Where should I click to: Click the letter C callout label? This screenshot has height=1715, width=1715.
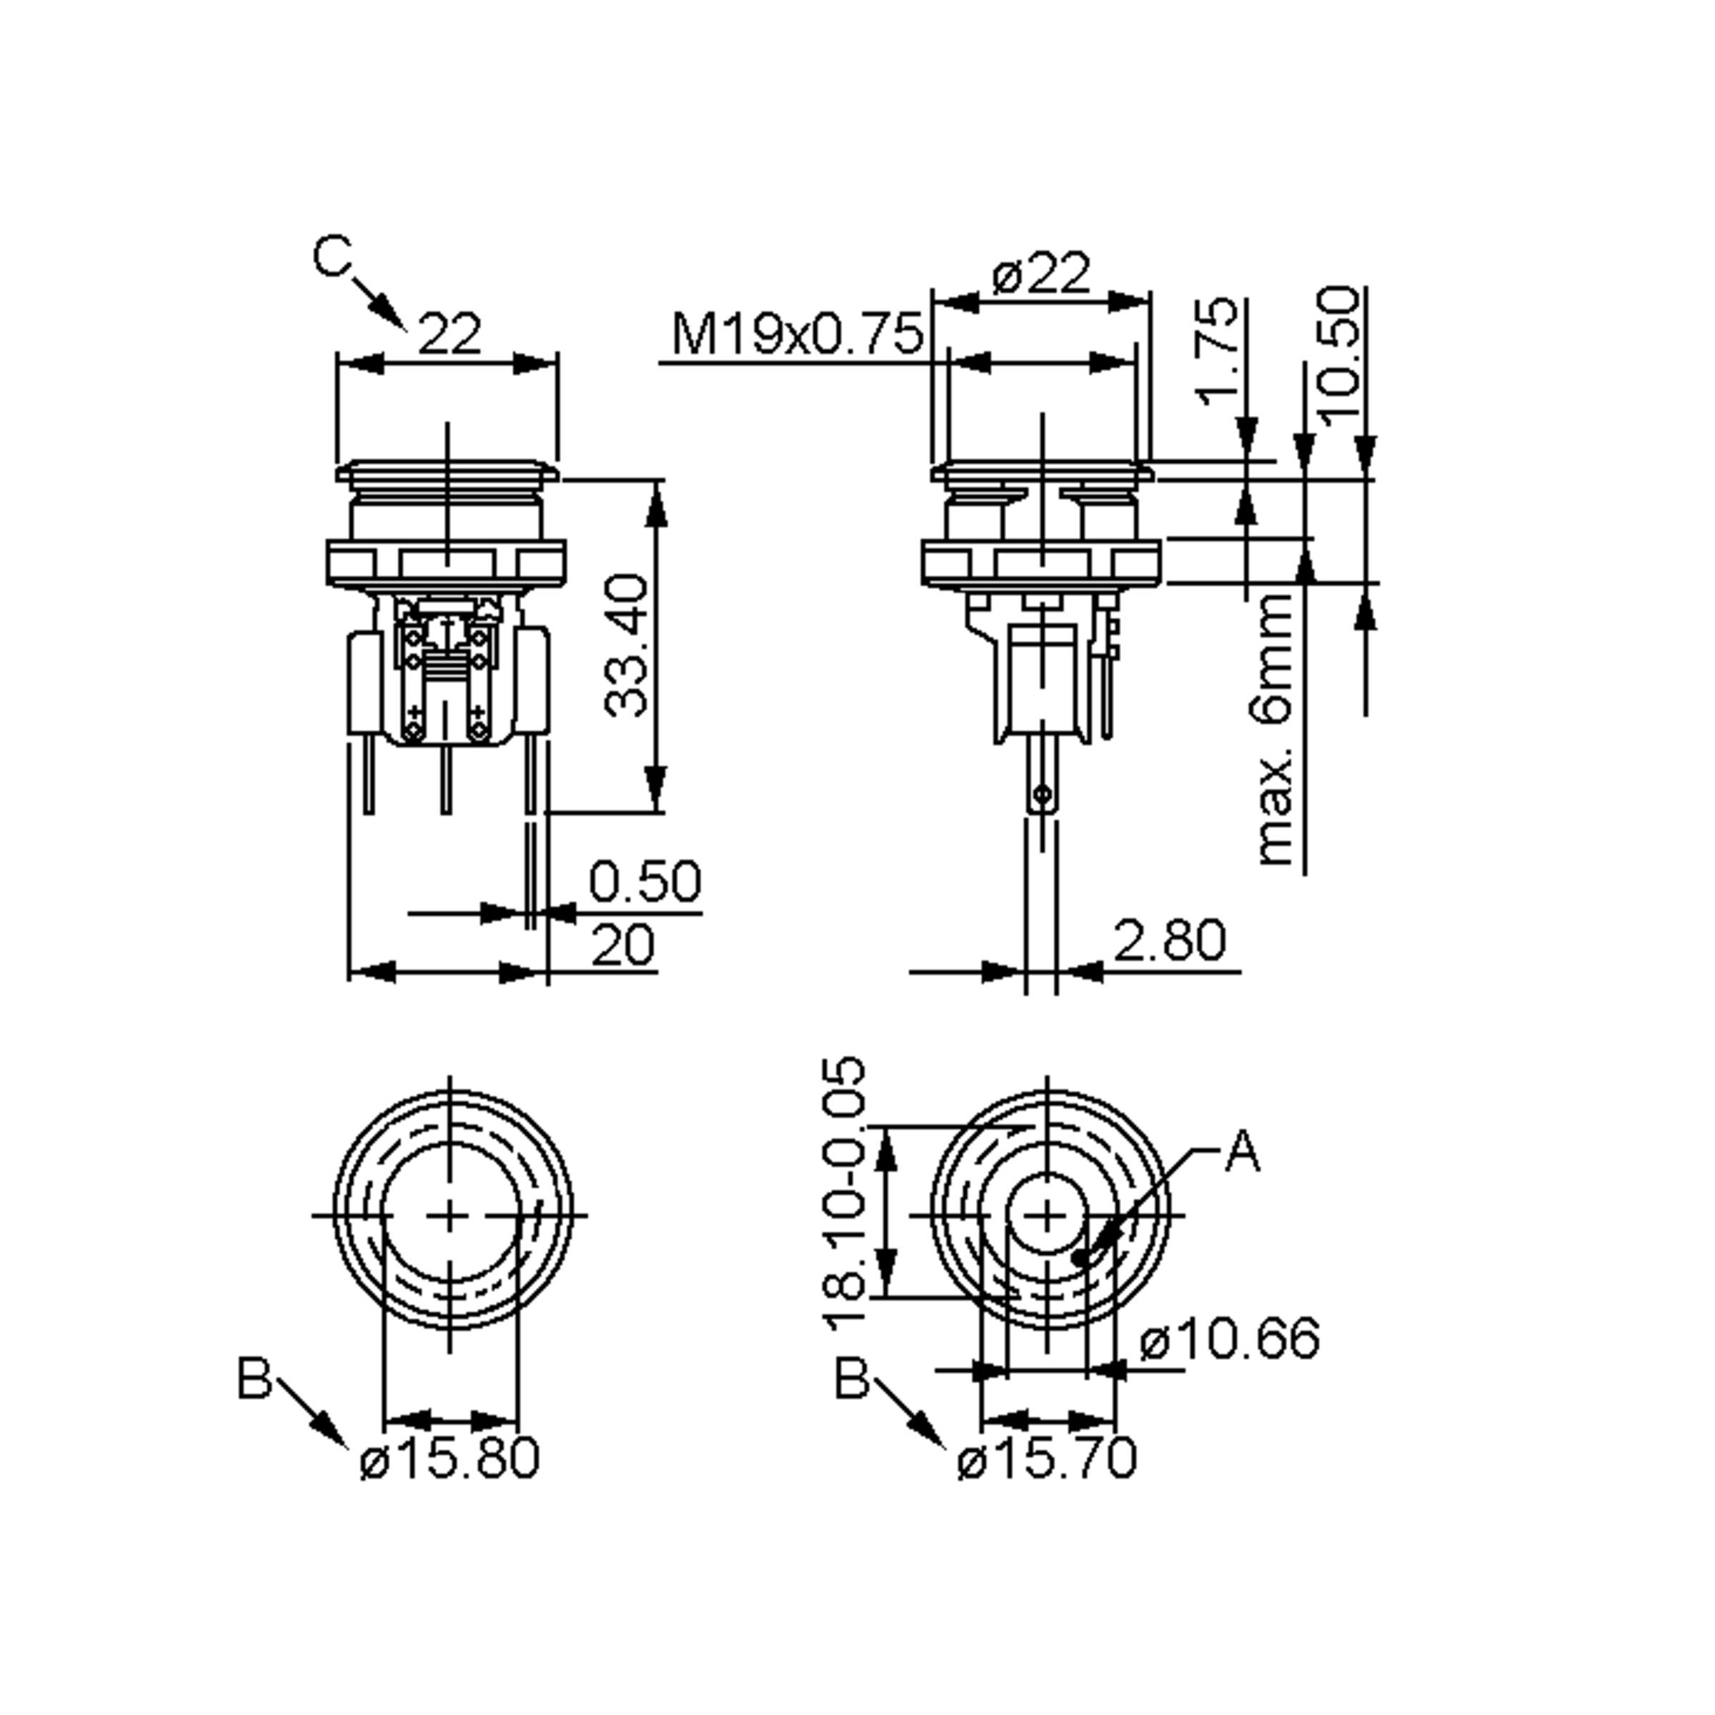click(x=333, y=257)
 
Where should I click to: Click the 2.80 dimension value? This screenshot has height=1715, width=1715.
click(x=1169, y=941)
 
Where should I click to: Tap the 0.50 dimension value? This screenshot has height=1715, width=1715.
click(x=645, y=880)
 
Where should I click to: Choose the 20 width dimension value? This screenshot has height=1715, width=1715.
click(x=622, y=945)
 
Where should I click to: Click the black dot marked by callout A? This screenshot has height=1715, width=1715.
click(x=1080, y=1257)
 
